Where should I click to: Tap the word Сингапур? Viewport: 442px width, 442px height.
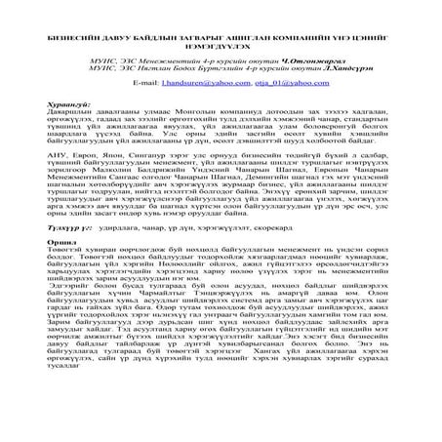tap(131, 154)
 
